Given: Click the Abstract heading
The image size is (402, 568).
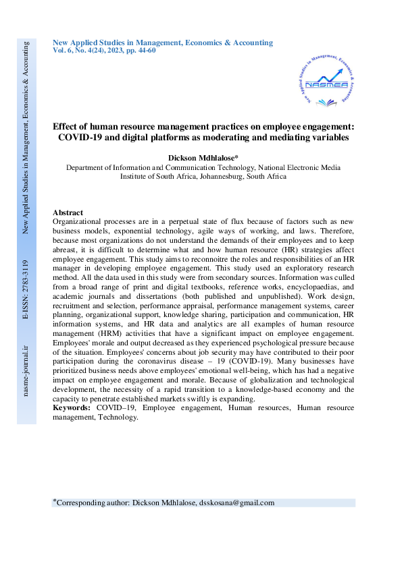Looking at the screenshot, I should click(68, 212).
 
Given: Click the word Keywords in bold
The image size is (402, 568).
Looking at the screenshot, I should click(70, 408).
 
